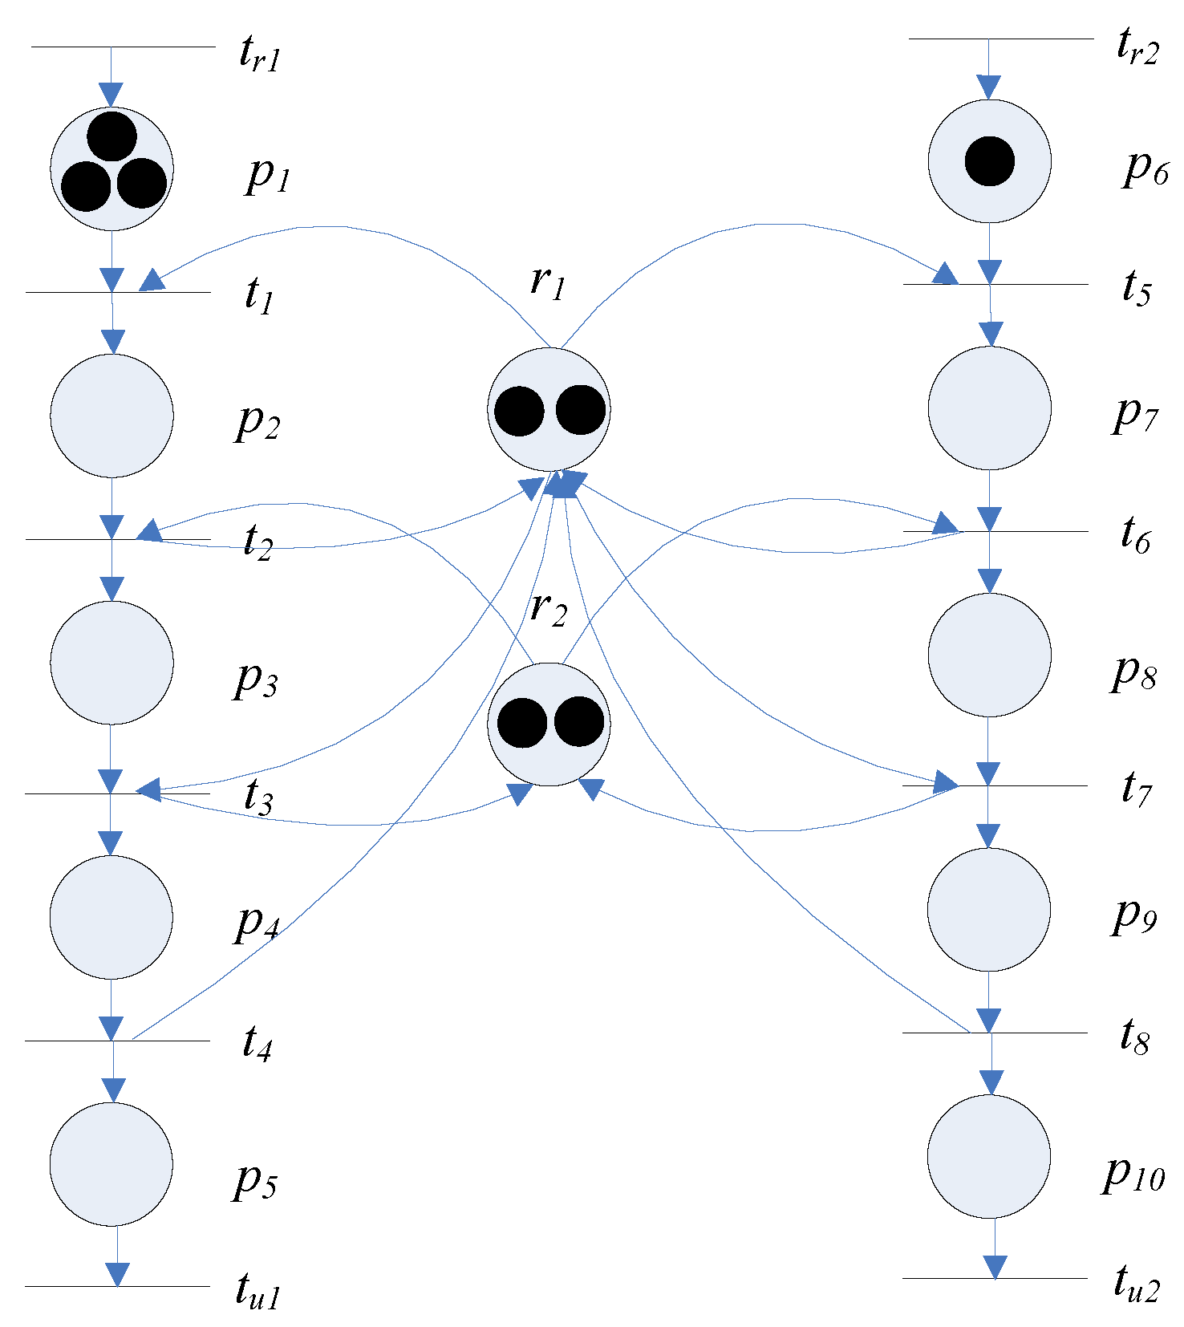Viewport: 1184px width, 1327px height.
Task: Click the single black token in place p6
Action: (989, 161)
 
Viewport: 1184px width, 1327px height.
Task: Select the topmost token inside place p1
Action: (112, 136)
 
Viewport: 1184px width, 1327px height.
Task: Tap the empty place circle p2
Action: (112, 416)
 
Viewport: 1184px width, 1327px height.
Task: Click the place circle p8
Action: (989, 655)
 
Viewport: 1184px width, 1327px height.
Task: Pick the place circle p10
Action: (988, 1156)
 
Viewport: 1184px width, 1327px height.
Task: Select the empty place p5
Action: (112, 1164)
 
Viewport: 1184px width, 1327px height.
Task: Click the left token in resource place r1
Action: (519, 411)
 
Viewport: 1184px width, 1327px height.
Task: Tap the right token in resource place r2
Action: (578, 721)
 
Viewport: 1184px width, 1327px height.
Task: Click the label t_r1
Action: (260, 55)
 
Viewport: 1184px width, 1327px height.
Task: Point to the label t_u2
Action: (1136, 1282)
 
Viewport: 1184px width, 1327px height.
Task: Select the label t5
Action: (1136, 288)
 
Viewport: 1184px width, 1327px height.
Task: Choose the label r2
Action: (549, 608)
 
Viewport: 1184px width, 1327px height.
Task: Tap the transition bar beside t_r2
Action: (1000, 39)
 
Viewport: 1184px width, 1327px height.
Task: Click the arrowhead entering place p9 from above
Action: (988, 837)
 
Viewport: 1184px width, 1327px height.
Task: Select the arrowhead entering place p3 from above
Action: (112, 589)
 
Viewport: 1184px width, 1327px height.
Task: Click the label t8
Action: (1134, 1037)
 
